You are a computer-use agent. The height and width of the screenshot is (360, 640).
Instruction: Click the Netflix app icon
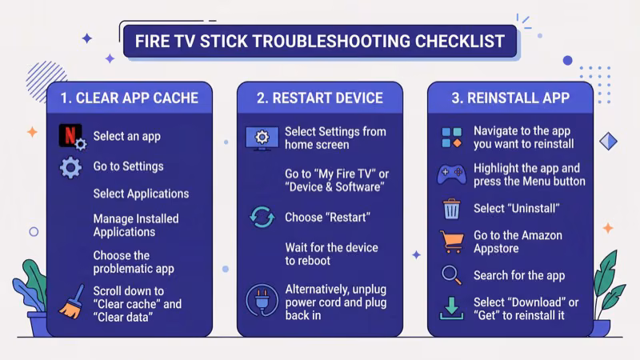[x=72, y=137]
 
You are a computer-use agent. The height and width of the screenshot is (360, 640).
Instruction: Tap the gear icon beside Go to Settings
[x=71, y=167]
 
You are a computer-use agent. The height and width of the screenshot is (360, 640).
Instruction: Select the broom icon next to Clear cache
[x=71, y=302]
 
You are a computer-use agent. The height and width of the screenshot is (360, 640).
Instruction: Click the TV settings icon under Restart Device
[x=262, y=138]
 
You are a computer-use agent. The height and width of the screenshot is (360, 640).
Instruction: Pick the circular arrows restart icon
[x=262, y=218]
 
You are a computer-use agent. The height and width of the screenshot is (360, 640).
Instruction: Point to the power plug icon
[x=262, y=302]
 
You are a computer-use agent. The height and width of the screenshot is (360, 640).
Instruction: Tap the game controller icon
[x=451, y=174]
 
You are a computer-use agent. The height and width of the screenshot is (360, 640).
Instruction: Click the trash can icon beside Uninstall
[x=452, y=209]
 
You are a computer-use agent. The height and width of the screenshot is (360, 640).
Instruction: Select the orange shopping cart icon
[x=451, y=242]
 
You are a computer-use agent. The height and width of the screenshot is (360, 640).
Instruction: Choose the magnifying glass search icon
[x=451, y=275]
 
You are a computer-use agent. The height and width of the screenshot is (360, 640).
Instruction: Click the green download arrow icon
[x=451, y=309]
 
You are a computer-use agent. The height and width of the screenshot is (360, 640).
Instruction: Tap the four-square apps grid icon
[x=451, y=137]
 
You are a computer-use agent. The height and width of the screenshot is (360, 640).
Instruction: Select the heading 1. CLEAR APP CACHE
[x=130, y=98]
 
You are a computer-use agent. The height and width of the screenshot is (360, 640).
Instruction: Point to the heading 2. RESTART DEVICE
[x=320, y=98]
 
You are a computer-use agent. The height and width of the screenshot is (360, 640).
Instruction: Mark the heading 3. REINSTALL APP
[x=510, y=98]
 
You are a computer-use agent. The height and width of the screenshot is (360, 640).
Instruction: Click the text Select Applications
[x=141, y=194]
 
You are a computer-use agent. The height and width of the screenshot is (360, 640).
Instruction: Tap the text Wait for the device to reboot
[x=331, y=254]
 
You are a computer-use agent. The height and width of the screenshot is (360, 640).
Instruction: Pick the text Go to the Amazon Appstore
[x=518, y=242]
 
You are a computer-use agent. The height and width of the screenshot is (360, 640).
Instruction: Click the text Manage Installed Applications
[x=136, y=226]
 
